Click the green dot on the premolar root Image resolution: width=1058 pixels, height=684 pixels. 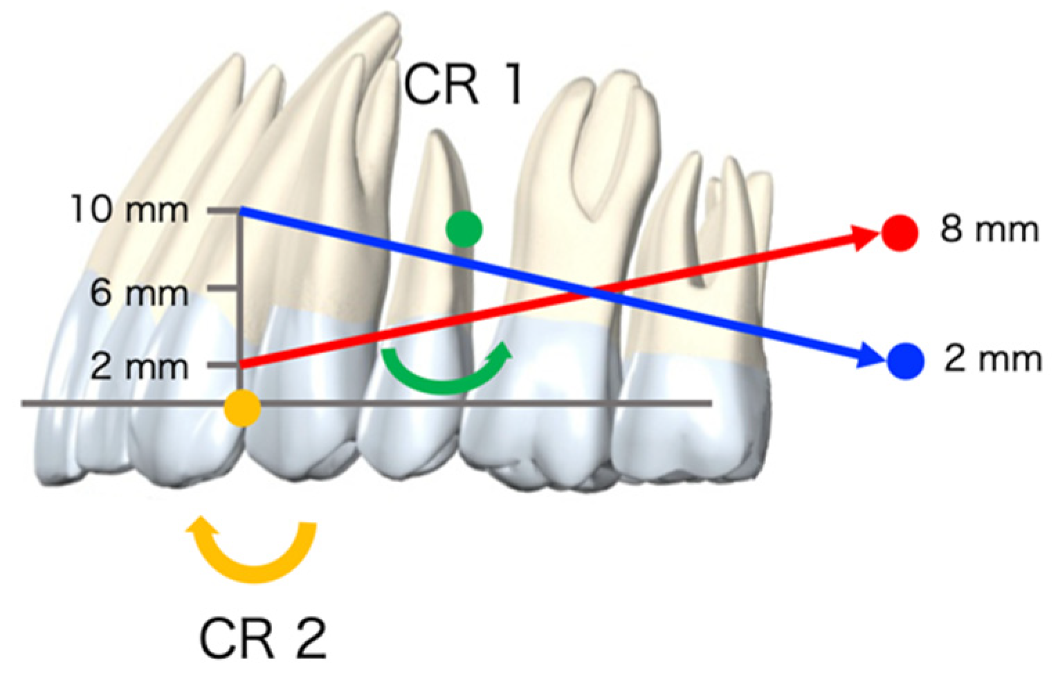click(x=464, y=228)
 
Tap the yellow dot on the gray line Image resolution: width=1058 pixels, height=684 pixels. click(x=242, y=408)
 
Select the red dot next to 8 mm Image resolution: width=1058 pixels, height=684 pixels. click(x=900, y=233)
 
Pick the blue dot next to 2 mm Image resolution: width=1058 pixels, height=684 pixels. click(x=905, y=361)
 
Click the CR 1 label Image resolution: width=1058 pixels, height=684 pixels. click(x=462, y=86)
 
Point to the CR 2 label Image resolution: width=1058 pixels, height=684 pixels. click(x=263, y=638)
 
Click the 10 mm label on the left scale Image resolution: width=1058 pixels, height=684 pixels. click(x=129, y=209)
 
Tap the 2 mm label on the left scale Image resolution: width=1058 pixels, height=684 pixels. click(x=139, y=366)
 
